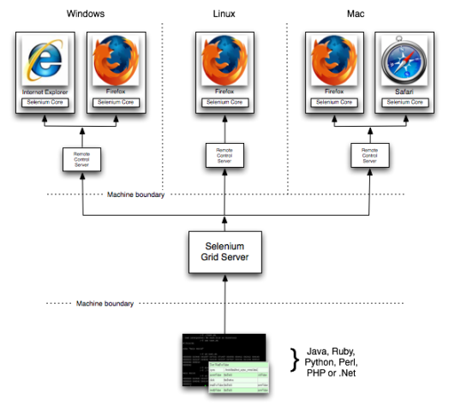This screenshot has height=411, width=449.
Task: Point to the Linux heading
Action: click(224, 15)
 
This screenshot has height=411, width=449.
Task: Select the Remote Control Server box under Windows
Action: click(81, 158)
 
